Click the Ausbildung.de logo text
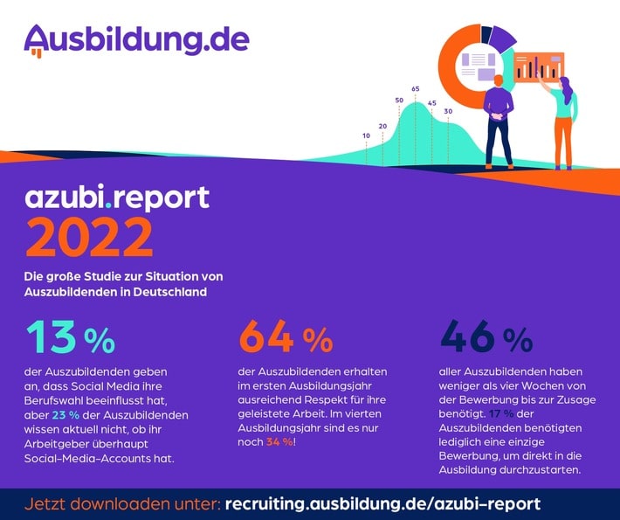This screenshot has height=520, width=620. pyautogui.click(x=136, y=38)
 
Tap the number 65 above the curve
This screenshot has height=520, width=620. pyautogui.click(x=416, y=88)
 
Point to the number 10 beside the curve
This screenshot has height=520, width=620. pyautogui.click(x=366, y=135)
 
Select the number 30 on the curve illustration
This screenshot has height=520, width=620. pyautogui.click(x=448, y=111)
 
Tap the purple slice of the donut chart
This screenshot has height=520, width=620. pyautogui.click(x=500, y=37)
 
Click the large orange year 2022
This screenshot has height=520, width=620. pyautogui.click(x=90, y=236)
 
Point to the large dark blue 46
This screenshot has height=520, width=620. pyautogui.click(x=469, y=336)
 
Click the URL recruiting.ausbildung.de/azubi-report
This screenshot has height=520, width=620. pyautogui.click(x=382, y=504)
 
